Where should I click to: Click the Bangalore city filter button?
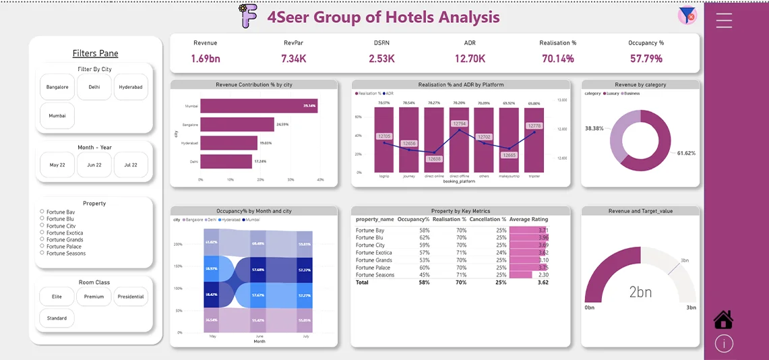pyautogui.click(x=57, y=87)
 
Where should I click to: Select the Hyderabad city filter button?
pyautogui.click(x=131, y=87)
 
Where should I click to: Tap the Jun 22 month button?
pyautogui.click(x=94, y=164)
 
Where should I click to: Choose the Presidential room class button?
pyautogui.click(x=131, y=297)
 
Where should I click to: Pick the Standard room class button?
pyautogui.click(x=57, y=318)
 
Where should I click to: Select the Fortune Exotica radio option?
pyautogui.click(x=42, y=233)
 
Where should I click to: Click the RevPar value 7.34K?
pyautogui.click(x=294, y=59)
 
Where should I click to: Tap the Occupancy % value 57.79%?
pyautogui.click(x=646, y=59)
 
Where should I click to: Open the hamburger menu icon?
pyautogui.click(x=724, y=20)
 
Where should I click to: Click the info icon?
pyautogui.click(x=724, y=344)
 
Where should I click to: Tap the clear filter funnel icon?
pyautogui.click(x=687, y=16)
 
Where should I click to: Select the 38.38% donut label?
pyautogui.click(x=594, y=128)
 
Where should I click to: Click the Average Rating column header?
pyautogui.click(x=529, y=219)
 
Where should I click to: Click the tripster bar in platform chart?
pyautogui.click(x=534, y=140)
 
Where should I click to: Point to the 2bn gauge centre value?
pyautogui.click(x=640, y=292)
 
